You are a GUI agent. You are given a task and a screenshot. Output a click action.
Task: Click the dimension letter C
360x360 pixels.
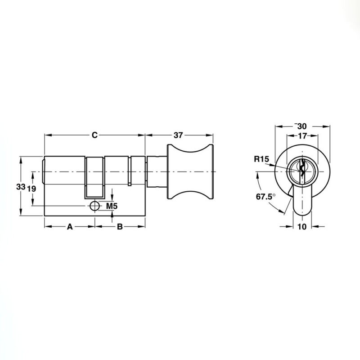pos(94,135)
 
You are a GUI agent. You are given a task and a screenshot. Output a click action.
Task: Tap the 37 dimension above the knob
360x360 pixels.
pos(178,135)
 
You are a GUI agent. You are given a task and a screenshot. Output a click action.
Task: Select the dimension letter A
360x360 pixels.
pos(70,227)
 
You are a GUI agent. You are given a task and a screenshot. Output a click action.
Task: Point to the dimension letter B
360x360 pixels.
pos(120,227)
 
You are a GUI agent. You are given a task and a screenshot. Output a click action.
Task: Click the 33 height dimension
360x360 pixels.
pos(21,187)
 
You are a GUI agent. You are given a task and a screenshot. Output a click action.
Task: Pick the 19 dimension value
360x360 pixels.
pos(31,189)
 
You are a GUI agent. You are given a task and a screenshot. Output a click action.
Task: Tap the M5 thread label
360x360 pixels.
pos(112,206)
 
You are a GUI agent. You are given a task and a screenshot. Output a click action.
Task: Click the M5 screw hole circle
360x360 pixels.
pos(94,206)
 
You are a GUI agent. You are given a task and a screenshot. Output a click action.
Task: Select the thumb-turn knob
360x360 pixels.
pos(190,171)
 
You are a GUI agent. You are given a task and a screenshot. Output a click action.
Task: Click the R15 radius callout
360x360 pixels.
pos(261,159)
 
